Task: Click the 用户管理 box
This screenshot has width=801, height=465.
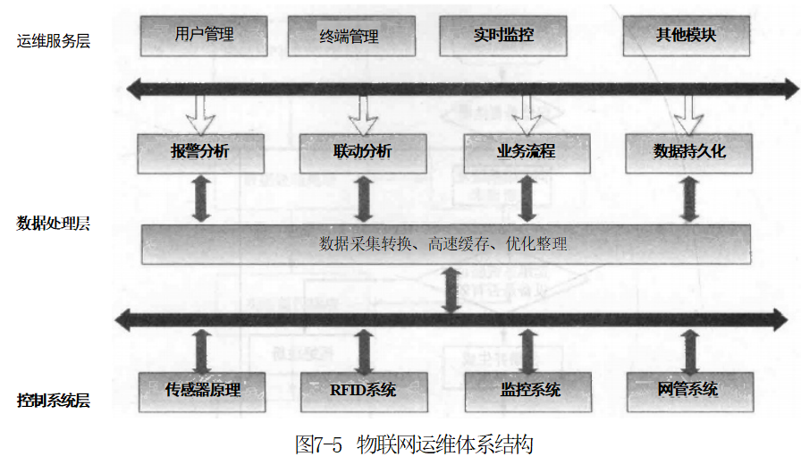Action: tap(204, 35)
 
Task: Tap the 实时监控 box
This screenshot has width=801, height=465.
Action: tap(503, 36)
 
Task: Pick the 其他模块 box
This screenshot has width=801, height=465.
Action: tap(687, 36)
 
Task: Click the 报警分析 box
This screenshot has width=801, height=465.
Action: tap(199, 152)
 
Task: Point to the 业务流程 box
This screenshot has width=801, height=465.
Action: tap(526, 152)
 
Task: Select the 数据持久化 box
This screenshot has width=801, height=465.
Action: tap(688, 152)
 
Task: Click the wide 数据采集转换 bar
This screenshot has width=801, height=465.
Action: tap(444, 243)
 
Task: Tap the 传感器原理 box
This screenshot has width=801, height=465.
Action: tap(203, 391)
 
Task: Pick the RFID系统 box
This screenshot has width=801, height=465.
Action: tap(363, 391)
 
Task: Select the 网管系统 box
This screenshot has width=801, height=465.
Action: tap(687, 391)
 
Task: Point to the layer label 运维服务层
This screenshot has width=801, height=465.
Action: tap(54, 40)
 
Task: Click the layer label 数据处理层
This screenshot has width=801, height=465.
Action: tap(54, 223)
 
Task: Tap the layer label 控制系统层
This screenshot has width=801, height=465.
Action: tap(54, 400)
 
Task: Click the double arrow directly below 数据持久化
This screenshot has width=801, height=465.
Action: tap(688, 199)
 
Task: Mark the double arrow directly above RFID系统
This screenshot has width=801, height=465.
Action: tap(363, 351)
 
